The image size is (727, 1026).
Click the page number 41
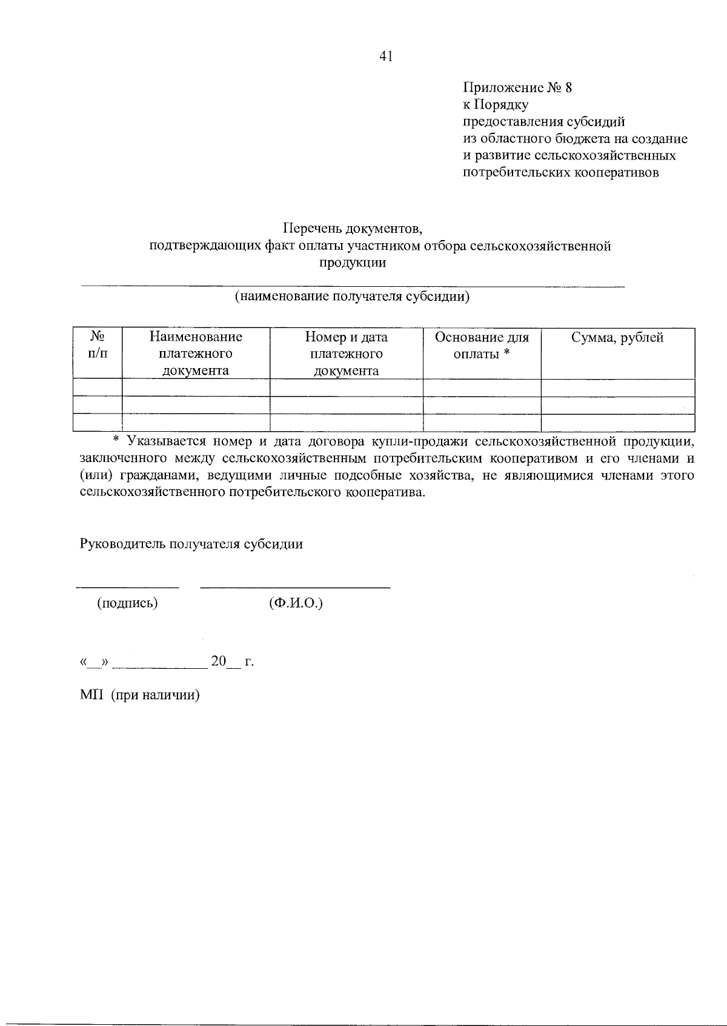(x=386, y=56)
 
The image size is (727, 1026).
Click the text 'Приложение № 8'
(x=517, y=87)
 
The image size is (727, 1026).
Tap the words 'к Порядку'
(x=496, y=104)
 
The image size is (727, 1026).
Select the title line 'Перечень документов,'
(x=352, y=229)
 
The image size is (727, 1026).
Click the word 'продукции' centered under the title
(x=352, y=263)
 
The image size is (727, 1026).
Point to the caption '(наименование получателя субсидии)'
(x=352, y=297)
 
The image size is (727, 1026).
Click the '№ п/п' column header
(x=98, y=345)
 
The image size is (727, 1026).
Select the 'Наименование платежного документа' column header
(x=196, y=354)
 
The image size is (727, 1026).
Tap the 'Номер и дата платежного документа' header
(x=346, y=354)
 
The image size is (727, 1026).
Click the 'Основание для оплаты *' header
(x=482, y=345)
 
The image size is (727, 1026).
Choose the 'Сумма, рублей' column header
(x=617, y=338)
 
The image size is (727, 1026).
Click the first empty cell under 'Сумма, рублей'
(x=617, y=387)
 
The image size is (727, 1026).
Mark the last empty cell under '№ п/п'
(x=98, y=422)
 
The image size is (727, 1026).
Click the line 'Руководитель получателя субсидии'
(x=191, y=544)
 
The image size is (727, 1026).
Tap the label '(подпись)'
(x=127, y=603)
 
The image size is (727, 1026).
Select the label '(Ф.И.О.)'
(x=296, y=603)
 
